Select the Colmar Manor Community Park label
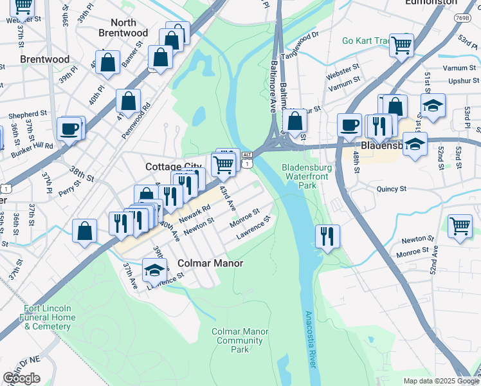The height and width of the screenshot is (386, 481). [240, 340]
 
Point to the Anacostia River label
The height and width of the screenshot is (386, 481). [310, 339]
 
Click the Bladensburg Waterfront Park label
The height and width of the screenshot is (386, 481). [300, 176]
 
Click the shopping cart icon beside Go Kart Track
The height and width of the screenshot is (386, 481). [401, 45]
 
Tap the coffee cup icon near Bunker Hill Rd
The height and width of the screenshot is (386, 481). [70, 129]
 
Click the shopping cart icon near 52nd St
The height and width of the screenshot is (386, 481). [459, 226]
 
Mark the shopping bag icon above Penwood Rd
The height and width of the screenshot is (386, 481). [129, 101]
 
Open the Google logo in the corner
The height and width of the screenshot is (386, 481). [22, 378]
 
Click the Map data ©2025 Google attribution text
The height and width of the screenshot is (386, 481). [440, 381]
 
